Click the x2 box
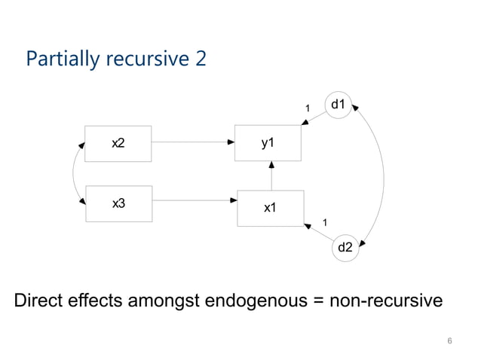118,142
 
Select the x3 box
118,203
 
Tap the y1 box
268,142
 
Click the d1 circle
339,105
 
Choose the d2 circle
345,246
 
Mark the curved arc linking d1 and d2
383,175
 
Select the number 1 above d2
325,221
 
